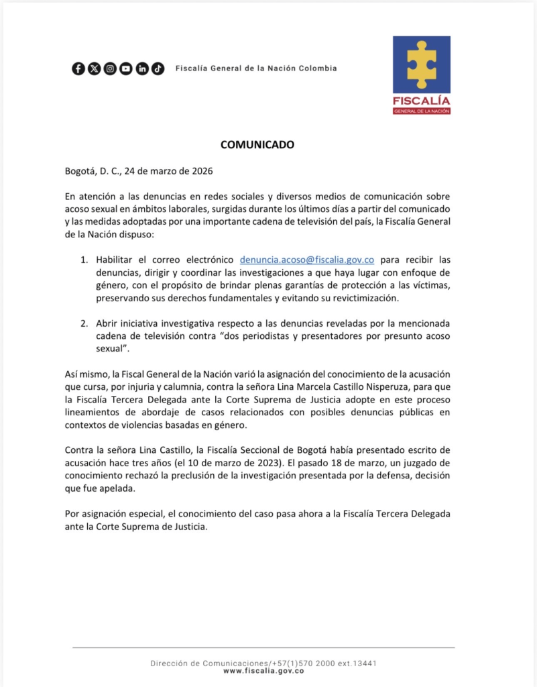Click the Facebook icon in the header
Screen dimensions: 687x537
coord(78,68)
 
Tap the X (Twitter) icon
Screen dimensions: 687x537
coord(95,68)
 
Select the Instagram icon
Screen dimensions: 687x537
coord(110,68)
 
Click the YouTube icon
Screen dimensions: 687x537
coord(126,68)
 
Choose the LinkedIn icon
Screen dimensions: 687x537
coord(142,68)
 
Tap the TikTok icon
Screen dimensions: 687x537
coord(158,68)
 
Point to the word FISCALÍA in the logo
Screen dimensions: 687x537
coord(422,101)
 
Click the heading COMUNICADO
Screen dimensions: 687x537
coord(257,144)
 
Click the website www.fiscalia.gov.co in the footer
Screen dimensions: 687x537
coord(263,670)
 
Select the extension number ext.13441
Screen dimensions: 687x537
coord(352,663)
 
